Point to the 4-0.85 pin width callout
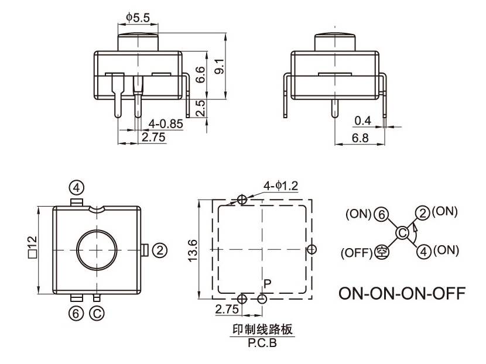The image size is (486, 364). pos(166,124)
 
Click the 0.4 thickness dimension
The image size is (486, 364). pos(362,121)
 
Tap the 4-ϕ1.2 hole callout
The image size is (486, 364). pos(280,186)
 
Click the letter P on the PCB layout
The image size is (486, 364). pos(267,284)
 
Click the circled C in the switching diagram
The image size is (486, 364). pos(402,233)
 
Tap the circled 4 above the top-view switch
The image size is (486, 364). pos(76,187)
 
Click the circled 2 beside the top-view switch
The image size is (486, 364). pos(160,250)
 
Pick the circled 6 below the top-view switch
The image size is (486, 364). pos(75,314)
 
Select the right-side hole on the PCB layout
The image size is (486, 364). pos(312,249)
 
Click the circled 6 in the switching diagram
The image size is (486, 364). pos(381,214)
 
